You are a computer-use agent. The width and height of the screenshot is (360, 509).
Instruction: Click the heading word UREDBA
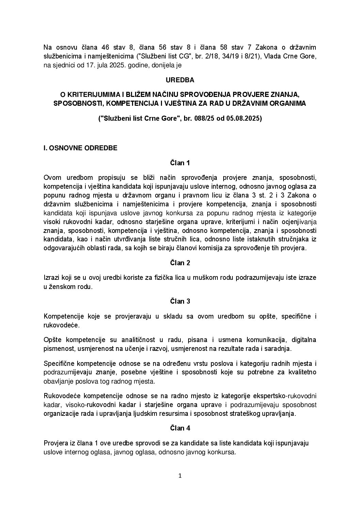[x=180, y=80]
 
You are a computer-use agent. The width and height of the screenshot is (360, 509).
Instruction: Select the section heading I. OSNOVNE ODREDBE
[x=81, y=148]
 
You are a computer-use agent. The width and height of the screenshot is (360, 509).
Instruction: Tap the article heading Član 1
[x=180, y=163]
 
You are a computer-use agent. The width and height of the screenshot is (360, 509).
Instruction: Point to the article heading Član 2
[x=180, y=263]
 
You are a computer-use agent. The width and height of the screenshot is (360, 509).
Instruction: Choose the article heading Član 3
[x=180, y=301]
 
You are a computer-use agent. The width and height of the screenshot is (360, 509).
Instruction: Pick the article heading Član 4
[x=180, y=428]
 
